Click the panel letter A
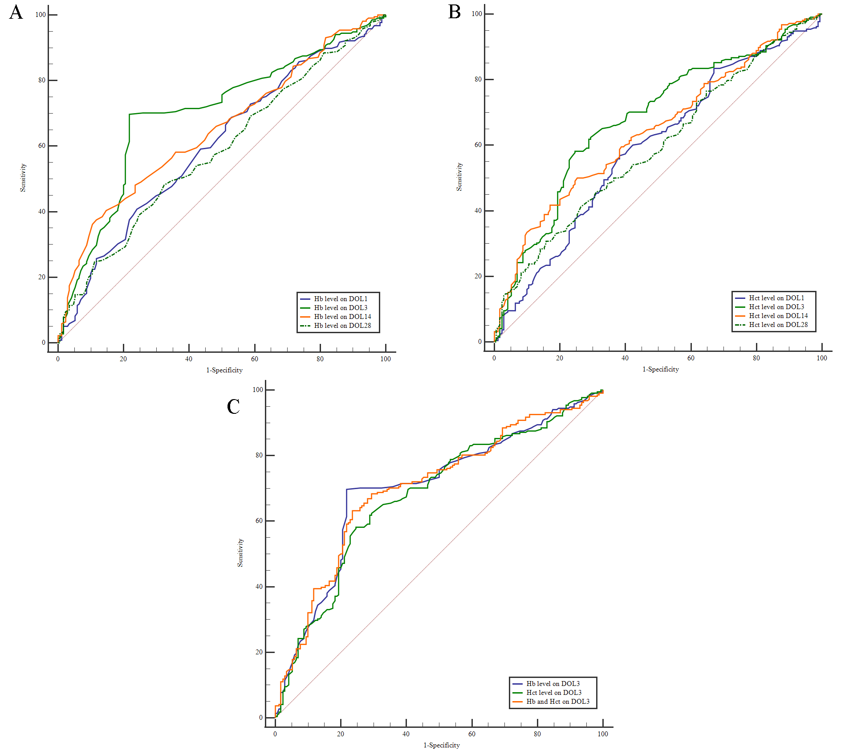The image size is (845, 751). (16, 12)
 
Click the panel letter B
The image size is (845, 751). (454, 12)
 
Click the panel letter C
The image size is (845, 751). (233, 406)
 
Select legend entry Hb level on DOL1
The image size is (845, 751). (341, 299)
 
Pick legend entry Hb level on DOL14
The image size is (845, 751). (342, 317)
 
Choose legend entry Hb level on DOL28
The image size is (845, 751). (342, 326)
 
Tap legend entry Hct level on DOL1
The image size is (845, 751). (776, 298)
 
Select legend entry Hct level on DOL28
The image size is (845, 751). (778, 325)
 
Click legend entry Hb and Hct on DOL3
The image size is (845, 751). (558, 702)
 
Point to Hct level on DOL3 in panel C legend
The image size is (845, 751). (554, 693)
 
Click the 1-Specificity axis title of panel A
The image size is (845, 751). (224, 370)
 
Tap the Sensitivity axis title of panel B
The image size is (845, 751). (459, 177)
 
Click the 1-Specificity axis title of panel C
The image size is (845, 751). (442, 745)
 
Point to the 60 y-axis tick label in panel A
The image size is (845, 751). (42, 146)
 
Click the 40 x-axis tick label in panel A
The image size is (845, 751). (189, 359)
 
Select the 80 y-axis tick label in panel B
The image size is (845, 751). (478, 79)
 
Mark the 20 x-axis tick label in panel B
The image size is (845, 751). (560, 358)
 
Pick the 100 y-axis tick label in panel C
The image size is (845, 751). (258, 390)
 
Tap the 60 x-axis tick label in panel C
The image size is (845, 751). (472, 734)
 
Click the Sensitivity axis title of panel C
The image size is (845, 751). (240, 553)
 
